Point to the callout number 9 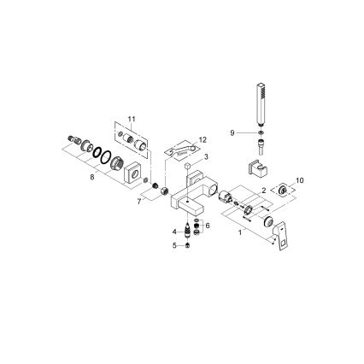[232, 132]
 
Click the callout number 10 [298, 182]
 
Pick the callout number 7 [139, 202]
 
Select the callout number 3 [206, 157]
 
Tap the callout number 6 [208, 225]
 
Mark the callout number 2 [266, 191]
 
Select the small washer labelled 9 [261, 132]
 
